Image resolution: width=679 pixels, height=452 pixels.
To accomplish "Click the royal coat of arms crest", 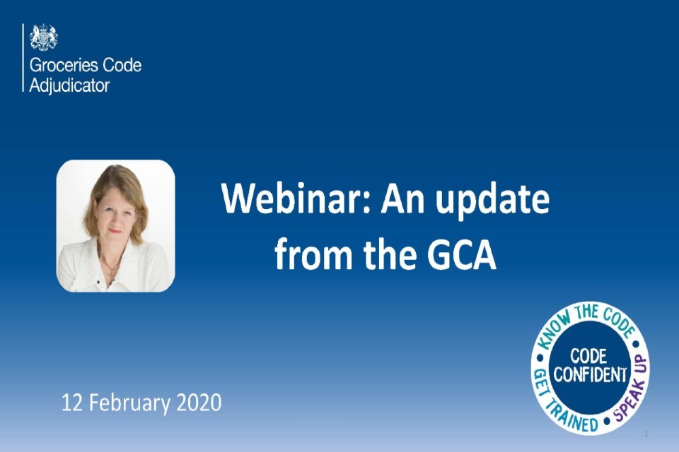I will [x=44, y=37].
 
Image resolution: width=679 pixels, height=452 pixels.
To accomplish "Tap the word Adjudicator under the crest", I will [x=69, y=86].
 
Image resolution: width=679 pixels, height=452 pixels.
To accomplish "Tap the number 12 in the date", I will [x=71, y=403].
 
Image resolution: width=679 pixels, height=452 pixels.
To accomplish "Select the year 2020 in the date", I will [x=199, y=403].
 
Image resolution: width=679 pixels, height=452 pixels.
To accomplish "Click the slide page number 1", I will [x=646, y=433].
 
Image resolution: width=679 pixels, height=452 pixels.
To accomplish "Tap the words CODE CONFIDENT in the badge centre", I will [x=590, y=365].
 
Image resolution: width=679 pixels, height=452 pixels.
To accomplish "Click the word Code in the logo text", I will [x=122, y=66].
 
